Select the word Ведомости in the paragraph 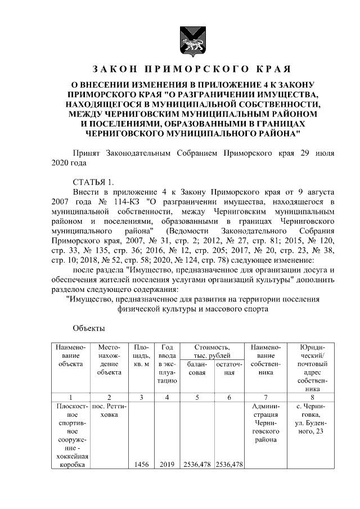[x=199, y=231]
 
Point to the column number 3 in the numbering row [x=141, y=398]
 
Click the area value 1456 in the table [x=141, y=464]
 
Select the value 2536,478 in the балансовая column [x=196, y=464]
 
